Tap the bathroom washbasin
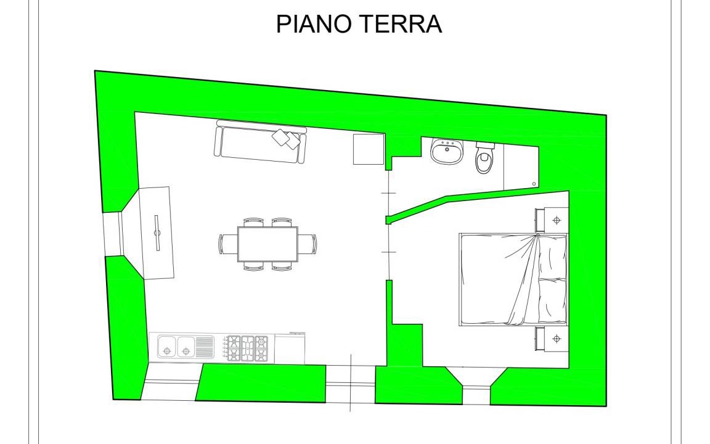coord(447,151)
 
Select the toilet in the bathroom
coord(484,157)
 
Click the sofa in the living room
coord(260,141)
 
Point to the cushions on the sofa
coord(287,138)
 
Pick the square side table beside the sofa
coord(369,149)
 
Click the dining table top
coord(267,244)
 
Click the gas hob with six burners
coord(247,348)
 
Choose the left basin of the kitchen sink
coord(167,348)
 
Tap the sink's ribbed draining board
coord(205,348)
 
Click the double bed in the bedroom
coord(513,279)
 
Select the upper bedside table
coord(552,220)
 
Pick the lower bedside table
coord(552,339)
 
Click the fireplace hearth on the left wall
coord(157,233)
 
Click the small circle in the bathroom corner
coord(534,184)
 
